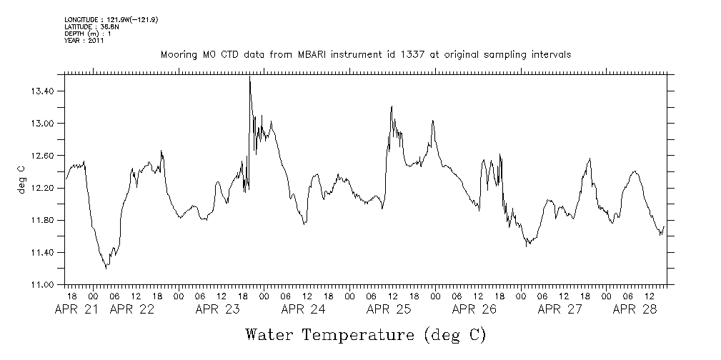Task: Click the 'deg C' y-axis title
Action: click(x=21, y=179)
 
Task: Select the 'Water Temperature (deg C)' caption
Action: click(x=365, y=334)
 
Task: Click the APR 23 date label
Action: click(x=218, y=309)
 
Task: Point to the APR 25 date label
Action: click(x=389, y=309)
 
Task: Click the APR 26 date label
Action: click(x=474, y=309)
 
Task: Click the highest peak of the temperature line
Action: click(x=249, y=78)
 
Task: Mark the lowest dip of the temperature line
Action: click(x=106, y=268)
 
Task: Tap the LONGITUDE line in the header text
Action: click(x=111, y=19)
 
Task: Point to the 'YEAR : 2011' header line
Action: click(x=84, y=41)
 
